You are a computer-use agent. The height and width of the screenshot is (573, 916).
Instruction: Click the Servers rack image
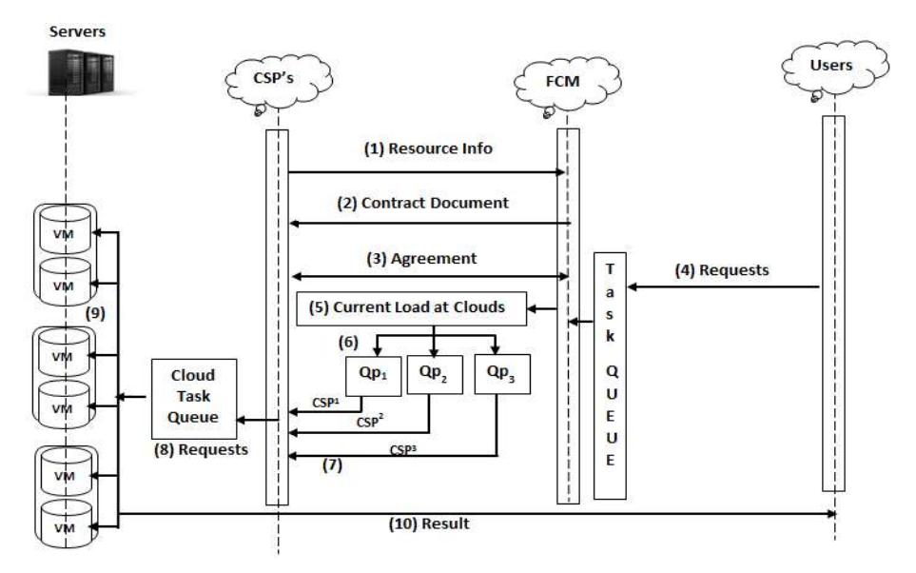click(81, 72)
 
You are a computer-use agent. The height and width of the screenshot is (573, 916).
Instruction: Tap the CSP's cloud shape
click(278, 83)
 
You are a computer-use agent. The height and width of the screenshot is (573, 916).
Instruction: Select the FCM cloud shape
click(567, 86)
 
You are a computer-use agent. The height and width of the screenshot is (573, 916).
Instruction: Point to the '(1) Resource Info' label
click(428, 148)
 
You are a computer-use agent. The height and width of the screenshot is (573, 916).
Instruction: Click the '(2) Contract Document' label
click(422, 203)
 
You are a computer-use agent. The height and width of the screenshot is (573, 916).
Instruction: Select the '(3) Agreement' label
click(421, 259)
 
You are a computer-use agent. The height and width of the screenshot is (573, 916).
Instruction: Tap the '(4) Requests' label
click(721, 270)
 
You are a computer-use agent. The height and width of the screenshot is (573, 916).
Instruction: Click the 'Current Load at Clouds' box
click(411, 308)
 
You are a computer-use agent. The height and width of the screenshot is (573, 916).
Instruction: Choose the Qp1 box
click(373, 377)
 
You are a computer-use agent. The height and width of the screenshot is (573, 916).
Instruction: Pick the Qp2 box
click(435, 375)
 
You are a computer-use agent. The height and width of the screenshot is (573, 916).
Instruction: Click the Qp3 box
click(502, 374)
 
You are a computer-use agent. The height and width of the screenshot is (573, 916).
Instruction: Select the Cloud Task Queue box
click(194, 399)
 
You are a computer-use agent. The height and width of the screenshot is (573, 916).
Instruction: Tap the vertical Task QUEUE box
click(610, 375)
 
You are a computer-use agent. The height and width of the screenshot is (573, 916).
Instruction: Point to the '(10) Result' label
click(429, 524)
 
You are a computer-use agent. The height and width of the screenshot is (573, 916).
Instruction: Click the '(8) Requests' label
click(201, 449)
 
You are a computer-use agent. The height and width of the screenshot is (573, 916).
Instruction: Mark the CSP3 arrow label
click(403, 450)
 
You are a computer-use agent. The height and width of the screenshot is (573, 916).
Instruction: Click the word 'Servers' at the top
click(77, 31)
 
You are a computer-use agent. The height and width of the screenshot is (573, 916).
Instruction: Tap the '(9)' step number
click(95, 313)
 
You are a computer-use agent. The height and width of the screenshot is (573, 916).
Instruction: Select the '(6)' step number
click(348, 342)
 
